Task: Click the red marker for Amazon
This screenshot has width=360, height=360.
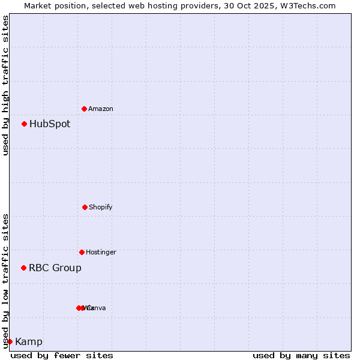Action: coord(84,109)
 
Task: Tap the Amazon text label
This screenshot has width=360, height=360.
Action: coord(101,109)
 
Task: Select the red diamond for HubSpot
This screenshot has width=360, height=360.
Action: coord(25,124)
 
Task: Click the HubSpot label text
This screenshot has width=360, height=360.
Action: coord(50,124)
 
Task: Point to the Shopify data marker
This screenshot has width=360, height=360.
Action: coord(85,207)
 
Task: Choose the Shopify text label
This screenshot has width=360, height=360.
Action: coord(101,208)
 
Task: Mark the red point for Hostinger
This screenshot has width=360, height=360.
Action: coord(82,252)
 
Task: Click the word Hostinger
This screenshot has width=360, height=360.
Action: coord(101,253)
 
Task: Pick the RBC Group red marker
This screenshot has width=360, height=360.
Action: coord(24,268)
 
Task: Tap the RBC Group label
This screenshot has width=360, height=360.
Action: coord(55,268)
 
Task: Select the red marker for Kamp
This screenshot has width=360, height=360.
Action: coord(10,341)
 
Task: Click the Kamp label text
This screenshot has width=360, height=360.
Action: coord(29,342)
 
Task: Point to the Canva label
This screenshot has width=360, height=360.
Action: coord(97,308)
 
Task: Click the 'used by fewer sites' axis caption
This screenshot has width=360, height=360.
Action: coord(62,355)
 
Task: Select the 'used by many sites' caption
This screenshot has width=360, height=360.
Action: coord(301,355)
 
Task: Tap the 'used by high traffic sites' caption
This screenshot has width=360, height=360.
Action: coord(5,85)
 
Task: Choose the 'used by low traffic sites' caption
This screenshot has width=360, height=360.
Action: coord(5,280)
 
